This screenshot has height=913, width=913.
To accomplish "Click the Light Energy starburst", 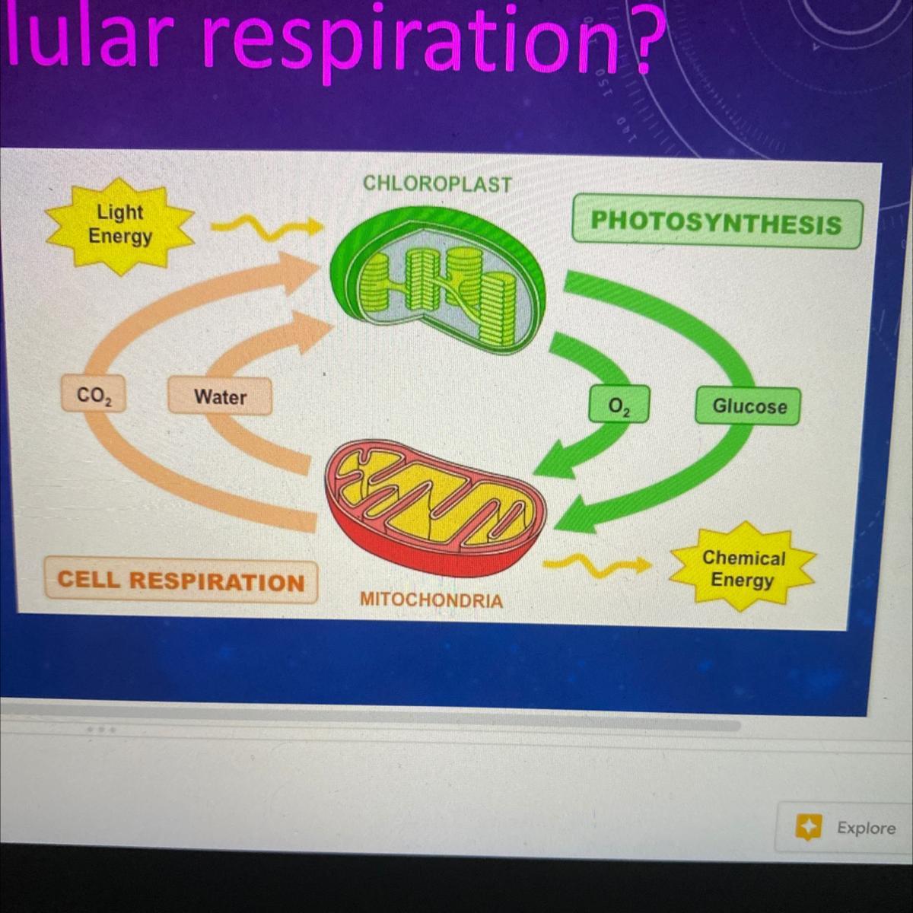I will pos(119,224).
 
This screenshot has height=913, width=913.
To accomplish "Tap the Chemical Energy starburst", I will pos(742,569).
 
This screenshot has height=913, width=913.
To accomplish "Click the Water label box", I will pos(220,396).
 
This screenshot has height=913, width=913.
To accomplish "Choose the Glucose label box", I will pos(749,406).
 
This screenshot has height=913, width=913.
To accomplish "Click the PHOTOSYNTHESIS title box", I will pos(716,223).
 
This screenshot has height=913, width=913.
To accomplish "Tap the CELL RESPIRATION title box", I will pos(181,581).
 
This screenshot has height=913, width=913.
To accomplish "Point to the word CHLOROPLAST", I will pos(437,183).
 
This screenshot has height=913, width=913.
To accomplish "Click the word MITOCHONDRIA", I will pos(431,600).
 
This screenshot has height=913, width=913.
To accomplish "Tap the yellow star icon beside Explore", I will pos(808,827).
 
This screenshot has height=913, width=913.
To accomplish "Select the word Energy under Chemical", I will pos(742,581).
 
